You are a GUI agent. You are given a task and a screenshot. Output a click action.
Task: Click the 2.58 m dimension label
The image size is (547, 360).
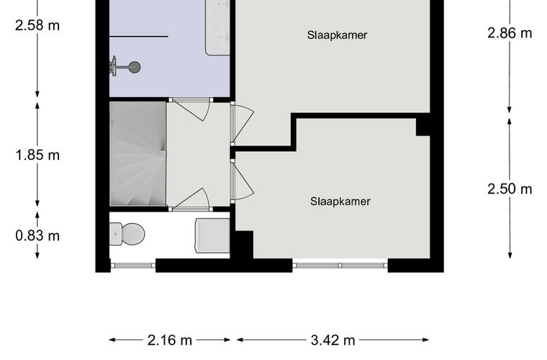pyautogui.click(x=37, y=25)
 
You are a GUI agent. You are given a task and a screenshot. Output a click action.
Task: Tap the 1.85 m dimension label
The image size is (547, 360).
pyautogui.click(x=37, y=155)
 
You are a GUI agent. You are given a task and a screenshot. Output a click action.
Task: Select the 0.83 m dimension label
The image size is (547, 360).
pyautogui.click(x=37, y=236)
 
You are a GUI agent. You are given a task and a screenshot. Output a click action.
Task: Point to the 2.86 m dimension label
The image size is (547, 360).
pyautogui.click(x=510, y=33)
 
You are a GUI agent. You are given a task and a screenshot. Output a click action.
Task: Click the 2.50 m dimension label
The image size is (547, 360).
pyautogui.click(x=510, y=189)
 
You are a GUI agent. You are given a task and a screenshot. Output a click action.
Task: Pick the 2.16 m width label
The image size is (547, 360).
pyautogui.click(x=170, y=340)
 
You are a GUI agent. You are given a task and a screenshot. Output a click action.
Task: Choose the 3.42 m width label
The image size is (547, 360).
pyautogui.click(x=333, y=340)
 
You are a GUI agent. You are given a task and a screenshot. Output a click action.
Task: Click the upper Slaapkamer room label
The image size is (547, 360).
pyautogui.click(x=337, y=35)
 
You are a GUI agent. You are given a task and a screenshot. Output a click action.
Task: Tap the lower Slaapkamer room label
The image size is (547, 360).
pyautogui.click(x=340, y=202)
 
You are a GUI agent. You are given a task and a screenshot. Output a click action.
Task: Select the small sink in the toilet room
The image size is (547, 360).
pyautogui.click(x=212, y=235)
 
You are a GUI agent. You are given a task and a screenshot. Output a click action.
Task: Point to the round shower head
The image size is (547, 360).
pyautogui.click(x=134, y=67)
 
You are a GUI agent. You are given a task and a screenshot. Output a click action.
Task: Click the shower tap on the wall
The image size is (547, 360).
pyautogui.click(x=113, y=66)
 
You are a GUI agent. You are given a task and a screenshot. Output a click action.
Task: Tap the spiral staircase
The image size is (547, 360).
pyautogui.click(x=137, y=153)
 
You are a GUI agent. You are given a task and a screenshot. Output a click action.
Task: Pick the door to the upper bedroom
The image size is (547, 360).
pyautogui.click(x=243, y=123)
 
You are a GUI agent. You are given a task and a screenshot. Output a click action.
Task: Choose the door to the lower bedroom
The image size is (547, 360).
pyautogui.click(x=243, y=181)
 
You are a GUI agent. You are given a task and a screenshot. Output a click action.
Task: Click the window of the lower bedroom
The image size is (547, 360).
pyautogui.click(x=340, y=266)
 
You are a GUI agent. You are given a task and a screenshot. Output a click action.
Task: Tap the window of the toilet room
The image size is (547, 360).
pyautogui.click(x=133, y=266)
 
